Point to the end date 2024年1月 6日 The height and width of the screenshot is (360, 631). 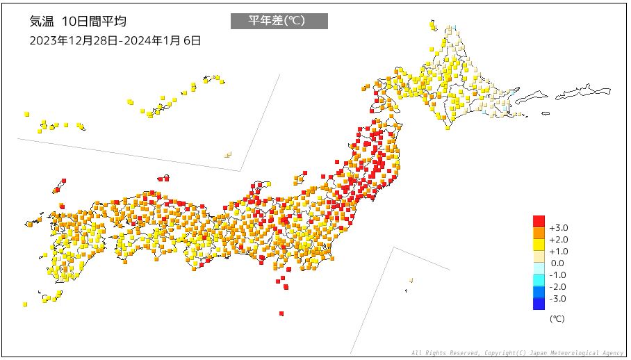pos(162,40)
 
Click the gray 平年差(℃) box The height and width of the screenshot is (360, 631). pos(279,21)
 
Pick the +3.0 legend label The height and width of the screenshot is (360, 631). pos(558,228)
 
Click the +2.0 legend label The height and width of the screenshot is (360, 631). pos(558,240)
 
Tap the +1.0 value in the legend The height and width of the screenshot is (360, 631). pos(558,252)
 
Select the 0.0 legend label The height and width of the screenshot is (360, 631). pos(557,263)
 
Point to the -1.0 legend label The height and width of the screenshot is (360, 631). pos(558,275)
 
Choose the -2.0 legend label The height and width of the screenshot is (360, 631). pos(558,287)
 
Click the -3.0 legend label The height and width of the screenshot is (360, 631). pos(558,299)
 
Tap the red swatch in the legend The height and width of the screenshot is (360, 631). pos(539,222)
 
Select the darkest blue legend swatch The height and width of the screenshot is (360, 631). pos(539,304)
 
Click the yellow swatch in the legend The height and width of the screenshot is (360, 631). pos(539,245)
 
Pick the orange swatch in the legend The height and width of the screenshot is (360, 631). pos(539,234)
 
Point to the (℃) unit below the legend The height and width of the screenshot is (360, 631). pos(557,319)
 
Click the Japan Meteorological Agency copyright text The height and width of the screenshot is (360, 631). pos(517,353)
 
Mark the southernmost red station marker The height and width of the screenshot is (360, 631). pos(281,313)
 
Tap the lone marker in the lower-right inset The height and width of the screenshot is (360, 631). pos(411,280)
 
